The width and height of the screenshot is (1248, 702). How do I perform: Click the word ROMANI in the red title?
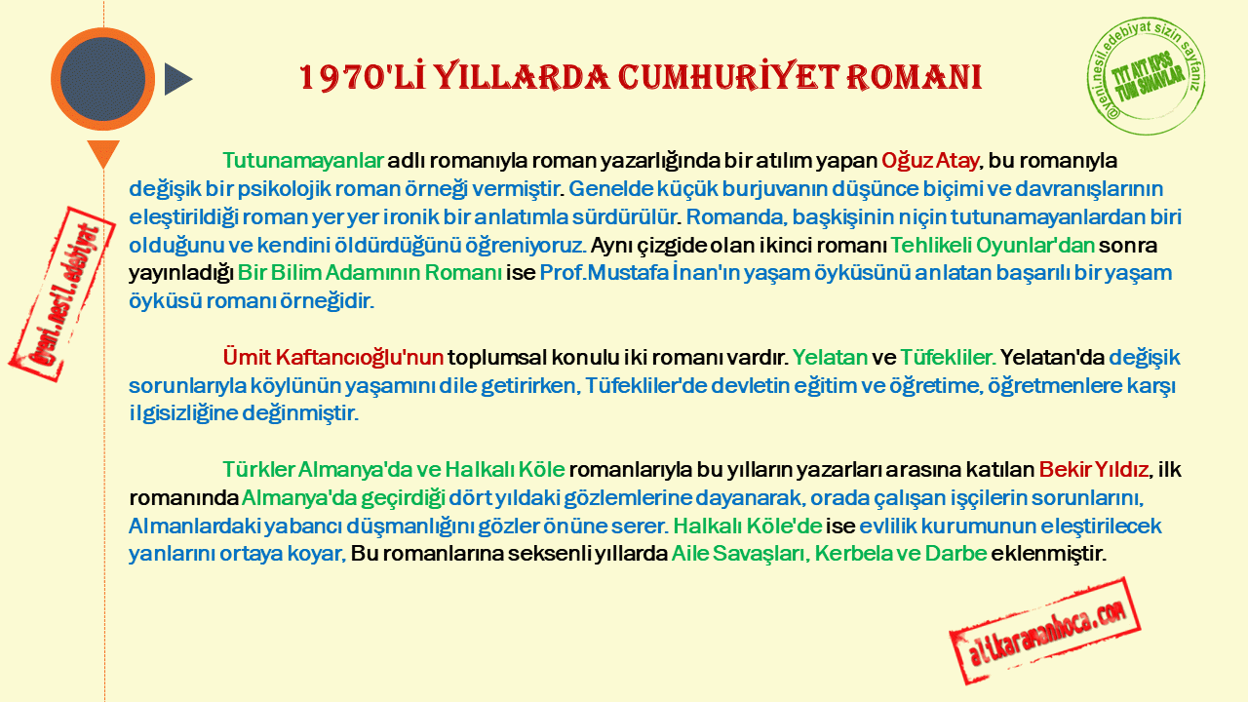point(914,77)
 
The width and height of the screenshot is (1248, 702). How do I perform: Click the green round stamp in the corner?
point(1146,76)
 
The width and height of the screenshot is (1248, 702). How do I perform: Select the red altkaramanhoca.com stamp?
point(1045,631)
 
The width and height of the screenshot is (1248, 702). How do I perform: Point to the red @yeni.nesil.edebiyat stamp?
point(61,294)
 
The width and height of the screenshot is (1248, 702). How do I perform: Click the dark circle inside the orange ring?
point(102,79)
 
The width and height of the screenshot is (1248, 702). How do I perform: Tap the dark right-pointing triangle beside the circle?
point(177,79)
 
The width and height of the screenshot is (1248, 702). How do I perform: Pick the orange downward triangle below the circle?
point(103,153)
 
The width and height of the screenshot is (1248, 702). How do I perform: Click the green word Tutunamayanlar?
point(303,161)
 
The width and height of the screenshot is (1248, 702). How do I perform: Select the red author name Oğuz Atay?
point(930,161)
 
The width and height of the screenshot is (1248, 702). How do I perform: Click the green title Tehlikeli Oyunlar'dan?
point(993,245)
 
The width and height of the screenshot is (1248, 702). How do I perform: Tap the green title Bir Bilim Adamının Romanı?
point(370,272)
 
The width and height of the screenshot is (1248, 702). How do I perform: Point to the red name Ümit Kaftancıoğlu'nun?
point(333,357)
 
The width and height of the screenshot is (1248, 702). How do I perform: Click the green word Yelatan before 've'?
point(830,357)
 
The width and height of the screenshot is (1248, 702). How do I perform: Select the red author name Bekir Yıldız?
point(1094,470)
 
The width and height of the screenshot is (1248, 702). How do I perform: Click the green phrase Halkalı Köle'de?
point(748,526)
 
